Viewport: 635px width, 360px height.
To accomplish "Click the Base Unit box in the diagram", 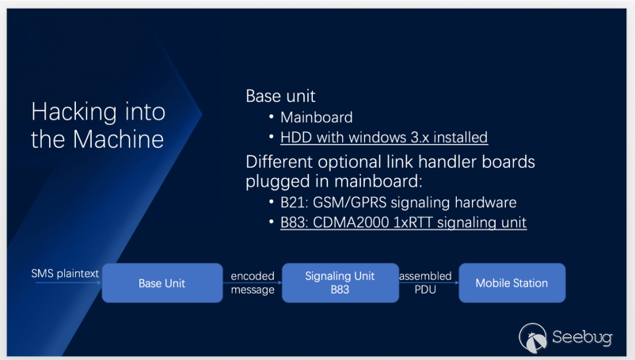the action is (x=162, y=282).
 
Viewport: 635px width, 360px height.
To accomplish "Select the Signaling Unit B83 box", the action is (x=340, y=282).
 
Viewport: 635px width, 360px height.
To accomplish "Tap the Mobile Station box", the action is (x=512, y=282).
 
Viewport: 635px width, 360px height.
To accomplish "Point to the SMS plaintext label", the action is (x=65, y=274).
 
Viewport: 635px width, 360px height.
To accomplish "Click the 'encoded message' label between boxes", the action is (x=253, y=282).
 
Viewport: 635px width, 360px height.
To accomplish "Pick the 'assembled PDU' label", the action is (x=425, y=282).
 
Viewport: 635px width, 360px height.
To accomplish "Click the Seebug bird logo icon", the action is (x=533, y=337).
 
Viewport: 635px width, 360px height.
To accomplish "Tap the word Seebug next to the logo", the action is (x=582, y=337).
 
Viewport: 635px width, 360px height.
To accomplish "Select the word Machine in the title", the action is (x=118, y=139).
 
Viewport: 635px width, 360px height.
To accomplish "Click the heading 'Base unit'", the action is (x=280, y=97).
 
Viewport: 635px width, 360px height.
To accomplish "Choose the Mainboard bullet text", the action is (x=316, y=117).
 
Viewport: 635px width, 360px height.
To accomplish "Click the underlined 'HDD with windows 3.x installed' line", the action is (x=384, y=138).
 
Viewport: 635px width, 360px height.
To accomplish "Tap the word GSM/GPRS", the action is (x=350, y=203).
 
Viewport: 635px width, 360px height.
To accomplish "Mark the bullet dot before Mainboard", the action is (x=272, y=117).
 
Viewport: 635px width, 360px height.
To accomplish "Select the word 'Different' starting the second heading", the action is (x=279, y=161).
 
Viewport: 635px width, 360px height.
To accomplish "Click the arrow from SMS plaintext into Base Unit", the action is (x=68, y=282).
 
